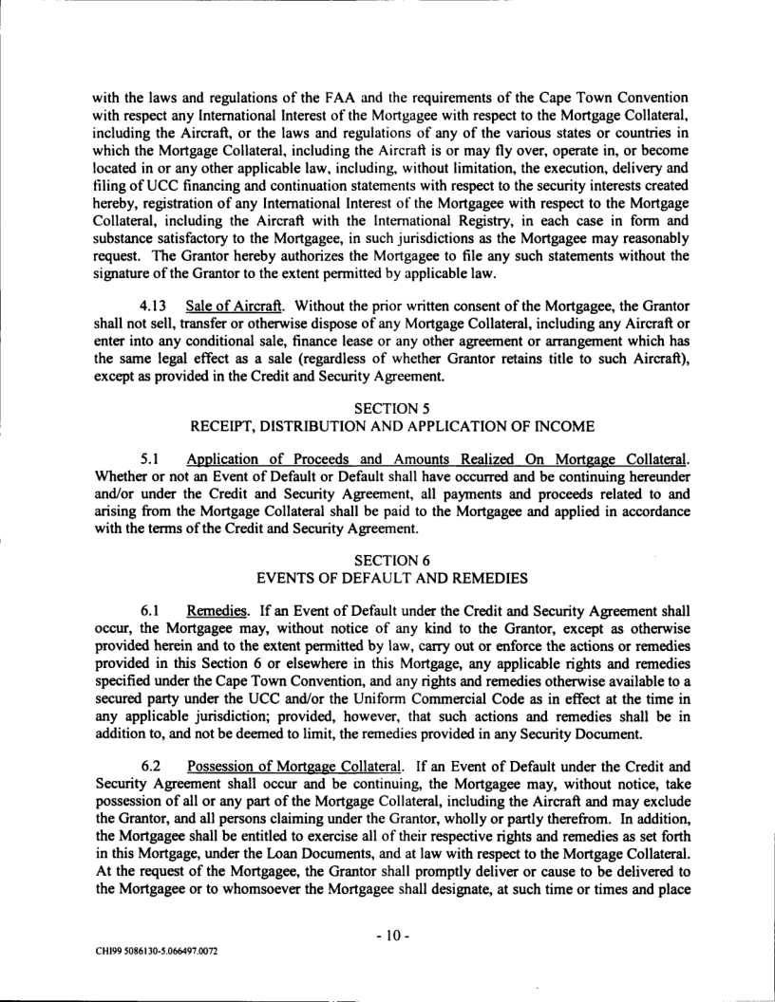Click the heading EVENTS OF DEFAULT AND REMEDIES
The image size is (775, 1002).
[387, 539]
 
